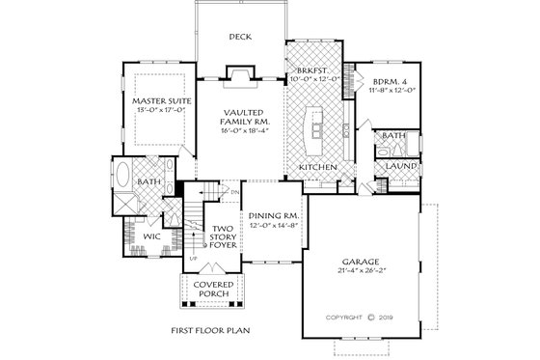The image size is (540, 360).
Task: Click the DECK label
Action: click(239, 38)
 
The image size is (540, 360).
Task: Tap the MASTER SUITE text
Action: click(160, 99)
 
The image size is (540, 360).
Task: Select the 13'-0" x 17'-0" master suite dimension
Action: click(160, 111)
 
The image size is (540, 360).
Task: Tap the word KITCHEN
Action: click(316, 167)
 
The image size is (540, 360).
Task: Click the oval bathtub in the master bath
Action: click(125, 180)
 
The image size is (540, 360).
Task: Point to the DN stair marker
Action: click(234, 193)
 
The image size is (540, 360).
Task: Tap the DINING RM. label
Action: click(270, 217)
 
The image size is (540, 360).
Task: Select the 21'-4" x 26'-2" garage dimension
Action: click(364, 271)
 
